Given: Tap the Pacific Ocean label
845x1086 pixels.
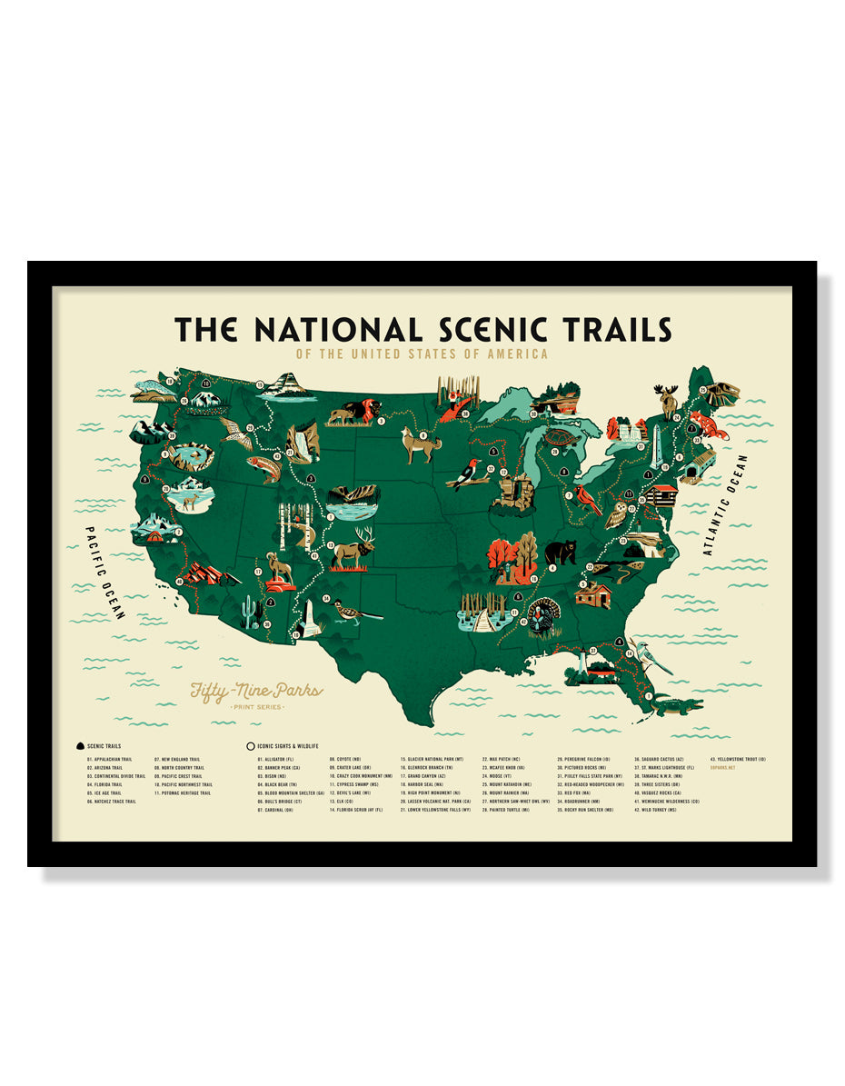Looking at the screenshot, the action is tap(104, 573).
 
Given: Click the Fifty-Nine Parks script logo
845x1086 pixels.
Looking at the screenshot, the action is tap(255, 692).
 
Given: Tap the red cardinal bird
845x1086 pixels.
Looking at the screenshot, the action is tap(586, 499).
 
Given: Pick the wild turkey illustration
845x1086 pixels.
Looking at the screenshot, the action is tap(544, 616).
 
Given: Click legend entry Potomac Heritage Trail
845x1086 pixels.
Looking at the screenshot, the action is tap(185, 792).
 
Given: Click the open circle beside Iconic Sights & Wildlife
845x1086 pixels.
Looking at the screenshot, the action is tap(250, 746).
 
